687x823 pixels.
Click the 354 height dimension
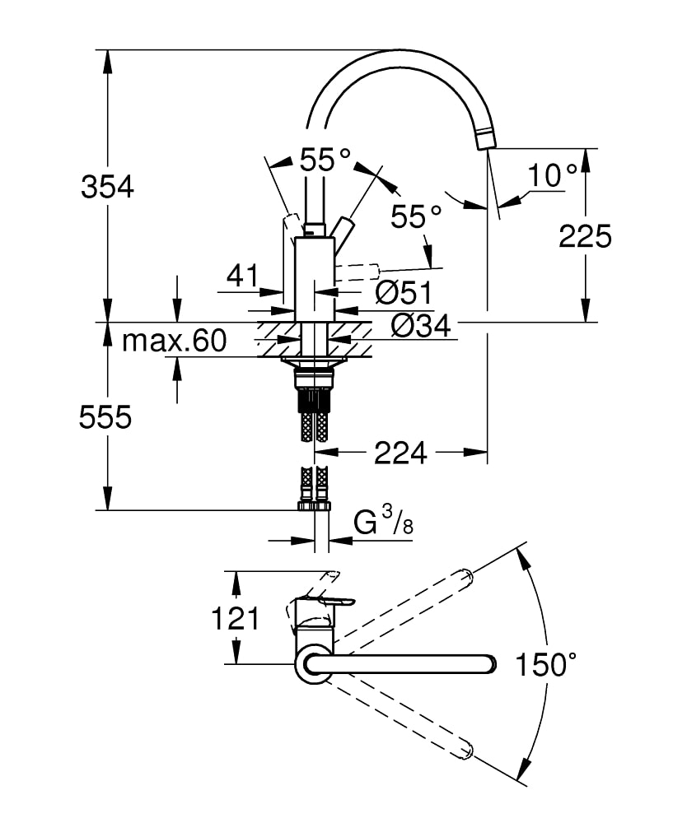click(x=107, y=186)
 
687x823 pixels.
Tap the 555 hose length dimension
click(x=105, y=418)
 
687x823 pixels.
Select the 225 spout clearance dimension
click(x=585, y=236)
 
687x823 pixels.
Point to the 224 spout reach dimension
click(x=400, y=453)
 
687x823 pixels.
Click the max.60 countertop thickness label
click(x=175, y=341)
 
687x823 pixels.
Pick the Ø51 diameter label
click(x=404, y=292)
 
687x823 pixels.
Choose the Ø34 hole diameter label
click(x=421, y=327)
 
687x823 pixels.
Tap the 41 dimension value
click(x=243, y=275)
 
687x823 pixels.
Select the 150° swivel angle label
click(x=546, y=664)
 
